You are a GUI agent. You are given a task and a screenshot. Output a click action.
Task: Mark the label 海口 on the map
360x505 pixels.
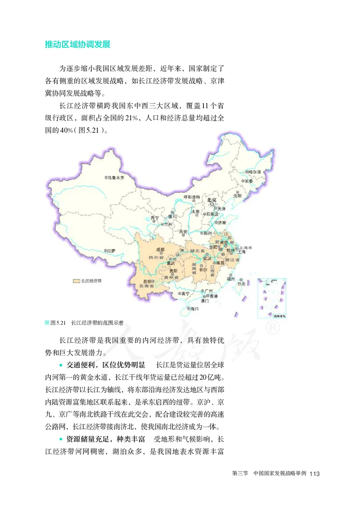point(194,309)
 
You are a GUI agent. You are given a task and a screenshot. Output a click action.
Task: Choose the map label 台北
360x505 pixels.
point(241,284)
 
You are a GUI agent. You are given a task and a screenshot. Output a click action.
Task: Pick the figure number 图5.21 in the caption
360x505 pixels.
point(59,323)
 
